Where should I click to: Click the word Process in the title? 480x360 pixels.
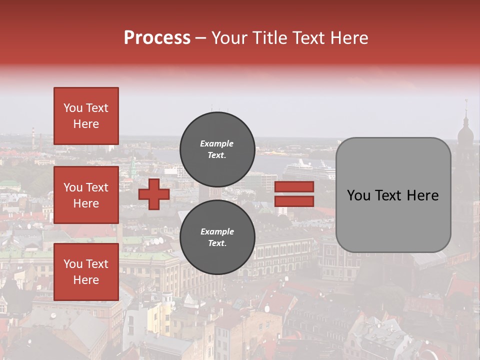coord(157,38)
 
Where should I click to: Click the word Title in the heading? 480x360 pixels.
coord(268,38)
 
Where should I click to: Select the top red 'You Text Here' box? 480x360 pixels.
coord(86,116)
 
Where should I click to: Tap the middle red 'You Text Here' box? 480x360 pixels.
coord(86,195)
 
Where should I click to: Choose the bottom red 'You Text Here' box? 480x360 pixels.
coord(86,272)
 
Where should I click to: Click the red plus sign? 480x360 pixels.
coord(154,194)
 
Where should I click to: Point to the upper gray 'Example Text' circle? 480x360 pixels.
coord(217,149)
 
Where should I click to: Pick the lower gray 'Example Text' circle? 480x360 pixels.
coord(217,237)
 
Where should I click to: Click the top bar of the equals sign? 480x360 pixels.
coord(294,187)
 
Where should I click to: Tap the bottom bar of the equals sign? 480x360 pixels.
coord(294,201)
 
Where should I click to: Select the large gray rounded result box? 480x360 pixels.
coord(393,195)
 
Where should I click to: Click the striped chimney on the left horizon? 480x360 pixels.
coord(33,134)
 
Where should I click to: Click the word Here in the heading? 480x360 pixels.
coord(346,38)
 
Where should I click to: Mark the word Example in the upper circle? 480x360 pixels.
coord(216,143)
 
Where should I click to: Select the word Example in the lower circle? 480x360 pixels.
coord(217,231)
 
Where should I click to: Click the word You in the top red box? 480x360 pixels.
coord(72,108)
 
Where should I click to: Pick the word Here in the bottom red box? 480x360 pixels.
coord(86,280)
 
